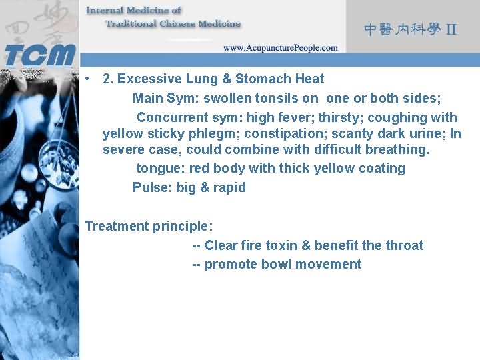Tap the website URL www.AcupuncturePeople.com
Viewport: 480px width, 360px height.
click(x=280, y=47)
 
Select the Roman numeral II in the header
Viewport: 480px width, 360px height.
click(x=451, y=29)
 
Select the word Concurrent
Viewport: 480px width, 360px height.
click(x=171, y=117)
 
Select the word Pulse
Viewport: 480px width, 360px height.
click(x=151, y=187)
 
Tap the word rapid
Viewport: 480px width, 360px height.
click(x=229, y=187)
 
